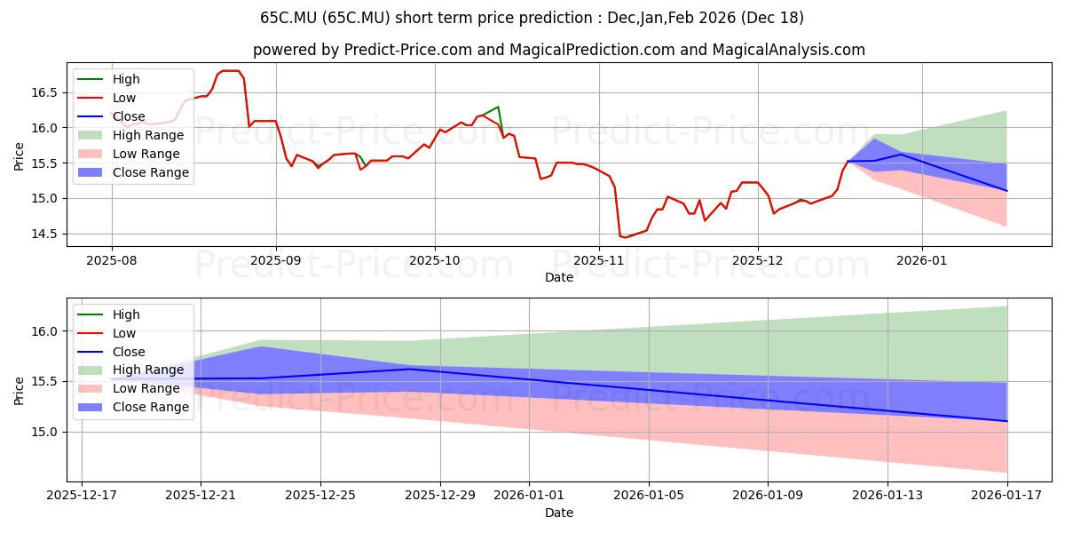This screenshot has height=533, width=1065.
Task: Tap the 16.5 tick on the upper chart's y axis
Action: pos(44,92)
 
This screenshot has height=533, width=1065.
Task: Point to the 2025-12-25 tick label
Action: pos(319,495)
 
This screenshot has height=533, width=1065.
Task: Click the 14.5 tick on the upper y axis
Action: pos(44,234)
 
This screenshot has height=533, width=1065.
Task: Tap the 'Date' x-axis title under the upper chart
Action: pos(559,277)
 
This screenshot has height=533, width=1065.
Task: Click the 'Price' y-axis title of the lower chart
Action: pos(20,390)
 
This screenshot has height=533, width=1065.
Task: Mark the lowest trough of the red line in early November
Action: pos(625,237)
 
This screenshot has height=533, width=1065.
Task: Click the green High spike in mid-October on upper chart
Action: pos(498,107)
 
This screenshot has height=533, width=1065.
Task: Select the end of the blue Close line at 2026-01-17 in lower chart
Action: pos(1007,421)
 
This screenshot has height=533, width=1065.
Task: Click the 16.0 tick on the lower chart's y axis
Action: pos(44,331)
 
